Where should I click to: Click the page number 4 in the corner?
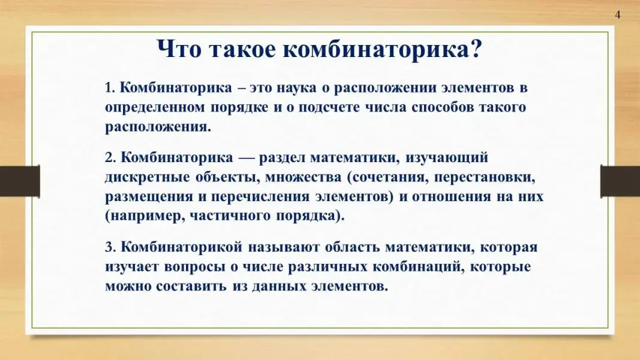click(618, 14)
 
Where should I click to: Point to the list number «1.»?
click(110, 88)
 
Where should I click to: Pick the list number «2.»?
click(110, 158)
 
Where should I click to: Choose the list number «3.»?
click(110, 247)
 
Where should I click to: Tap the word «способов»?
click(443, 108)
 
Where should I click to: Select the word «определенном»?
click(155, 108)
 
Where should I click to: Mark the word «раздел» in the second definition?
click(282, 158)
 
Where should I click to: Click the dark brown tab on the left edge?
click(20, 181)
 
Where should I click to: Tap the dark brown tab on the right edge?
click(620, 181)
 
